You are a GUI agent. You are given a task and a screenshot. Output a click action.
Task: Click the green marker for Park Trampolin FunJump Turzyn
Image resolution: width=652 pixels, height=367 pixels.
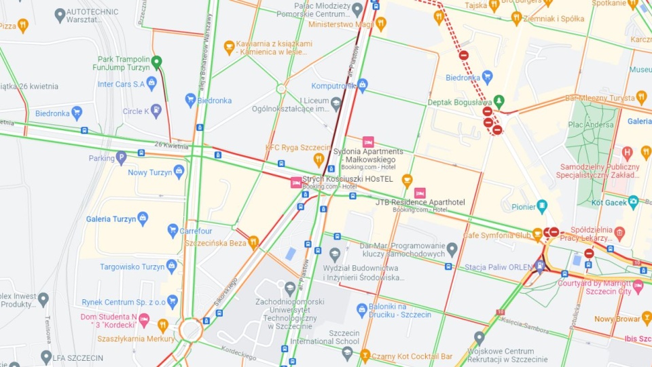[x=156, y=63]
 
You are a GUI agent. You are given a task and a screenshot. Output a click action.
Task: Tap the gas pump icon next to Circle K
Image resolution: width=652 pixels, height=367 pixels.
[x=156, y=111]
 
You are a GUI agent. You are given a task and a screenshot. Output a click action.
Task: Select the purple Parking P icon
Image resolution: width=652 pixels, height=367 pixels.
[x=121, y=158]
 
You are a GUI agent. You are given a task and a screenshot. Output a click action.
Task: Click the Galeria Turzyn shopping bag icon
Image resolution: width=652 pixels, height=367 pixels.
[x=143, y=218]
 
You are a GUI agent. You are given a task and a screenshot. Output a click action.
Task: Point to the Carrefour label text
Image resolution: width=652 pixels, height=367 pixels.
[x=196, y=231]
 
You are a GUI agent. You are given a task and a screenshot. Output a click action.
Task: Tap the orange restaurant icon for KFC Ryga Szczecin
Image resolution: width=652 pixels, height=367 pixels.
[x=318, y=159]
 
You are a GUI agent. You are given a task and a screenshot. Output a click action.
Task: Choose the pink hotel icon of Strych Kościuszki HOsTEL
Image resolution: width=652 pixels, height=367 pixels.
[x=296, y=182]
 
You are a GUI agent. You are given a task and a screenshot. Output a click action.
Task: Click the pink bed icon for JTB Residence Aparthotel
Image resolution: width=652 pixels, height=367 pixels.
[x=420, y=193]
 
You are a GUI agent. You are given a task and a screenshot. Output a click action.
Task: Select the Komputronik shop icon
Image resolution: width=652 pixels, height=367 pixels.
[x=362, y=85]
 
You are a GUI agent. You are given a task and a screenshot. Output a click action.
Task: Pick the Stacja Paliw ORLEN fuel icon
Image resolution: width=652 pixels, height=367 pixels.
[x=539, y=266]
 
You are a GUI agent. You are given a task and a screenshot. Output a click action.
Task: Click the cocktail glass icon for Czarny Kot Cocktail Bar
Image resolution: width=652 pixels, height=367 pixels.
[x=365, y=355]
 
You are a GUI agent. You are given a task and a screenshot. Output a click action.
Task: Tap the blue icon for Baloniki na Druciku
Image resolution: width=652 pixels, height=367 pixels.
[x=362, y=309]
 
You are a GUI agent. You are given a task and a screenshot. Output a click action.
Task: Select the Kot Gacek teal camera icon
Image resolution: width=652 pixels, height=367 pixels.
[x=633, y=201]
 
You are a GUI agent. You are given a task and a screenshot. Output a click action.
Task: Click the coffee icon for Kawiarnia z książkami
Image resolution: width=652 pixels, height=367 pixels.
[x=230, y=47]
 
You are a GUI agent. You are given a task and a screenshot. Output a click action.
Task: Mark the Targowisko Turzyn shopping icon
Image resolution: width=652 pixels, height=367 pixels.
[x=171, y=267]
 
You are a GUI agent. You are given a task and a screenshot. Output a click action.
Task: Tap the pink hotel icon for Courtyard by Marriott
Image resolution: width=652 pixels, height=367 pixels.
[x=638, y=286]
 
